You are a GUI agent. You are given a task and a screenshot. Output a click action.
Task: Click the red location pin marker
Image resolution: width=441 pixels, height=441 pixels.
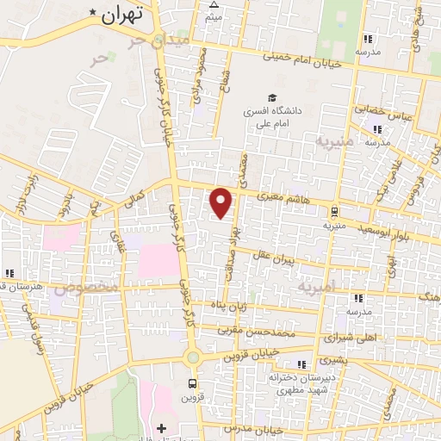pyautogui.click(x=222, y=202)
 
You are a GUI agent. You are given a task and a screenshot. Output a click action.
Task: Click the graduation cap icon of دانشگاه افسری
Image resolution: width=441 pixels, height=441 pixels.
pyautogui.click(x=272, y=98)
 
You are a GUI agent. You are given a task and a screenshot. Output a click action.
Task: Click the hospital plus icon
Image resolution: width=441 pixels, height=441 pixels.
pyautogui.click(x=161, y=427)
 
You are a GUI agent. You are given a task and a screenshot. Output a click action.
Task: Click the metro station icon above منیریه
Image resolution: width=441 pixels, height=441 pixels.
pyautogui.click(x=333, y=210)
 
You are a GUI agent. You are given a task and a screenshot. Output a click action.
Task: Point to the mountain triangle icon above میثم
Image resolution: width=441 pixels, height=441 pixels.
pyautogui.click(x=214, y=4)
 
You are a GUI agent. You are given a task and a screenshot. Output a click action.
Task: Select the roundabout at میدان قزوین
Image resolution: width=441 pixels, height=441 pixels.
pyautogui.click(x=191, y=357)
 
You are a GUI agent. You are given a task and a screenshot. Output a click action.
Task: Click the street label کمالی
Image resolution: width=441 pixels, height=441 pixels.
pyautogui.click(x=136, y=199)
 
